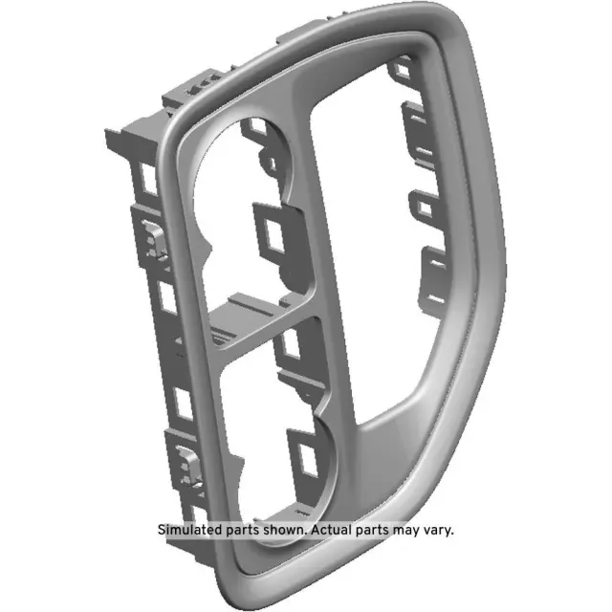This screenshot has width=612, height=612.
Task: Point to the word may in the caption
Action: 404,530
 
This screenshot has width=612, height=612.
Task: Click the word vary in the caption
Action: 436,530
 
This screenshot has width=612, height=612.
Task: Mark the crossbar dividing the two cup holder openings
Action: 258,325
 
